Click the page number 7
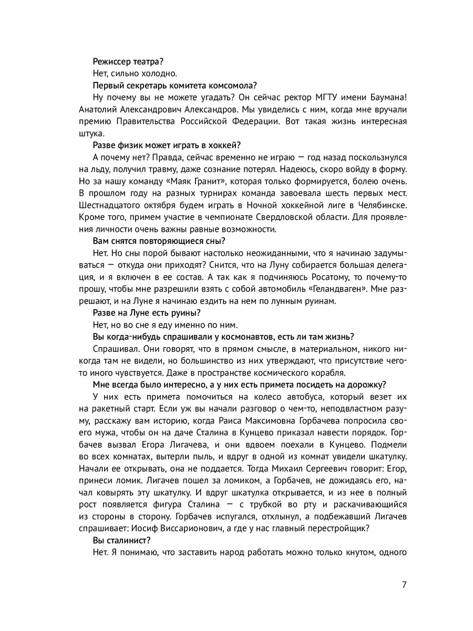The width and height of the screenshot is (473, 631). click(403, 585)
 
